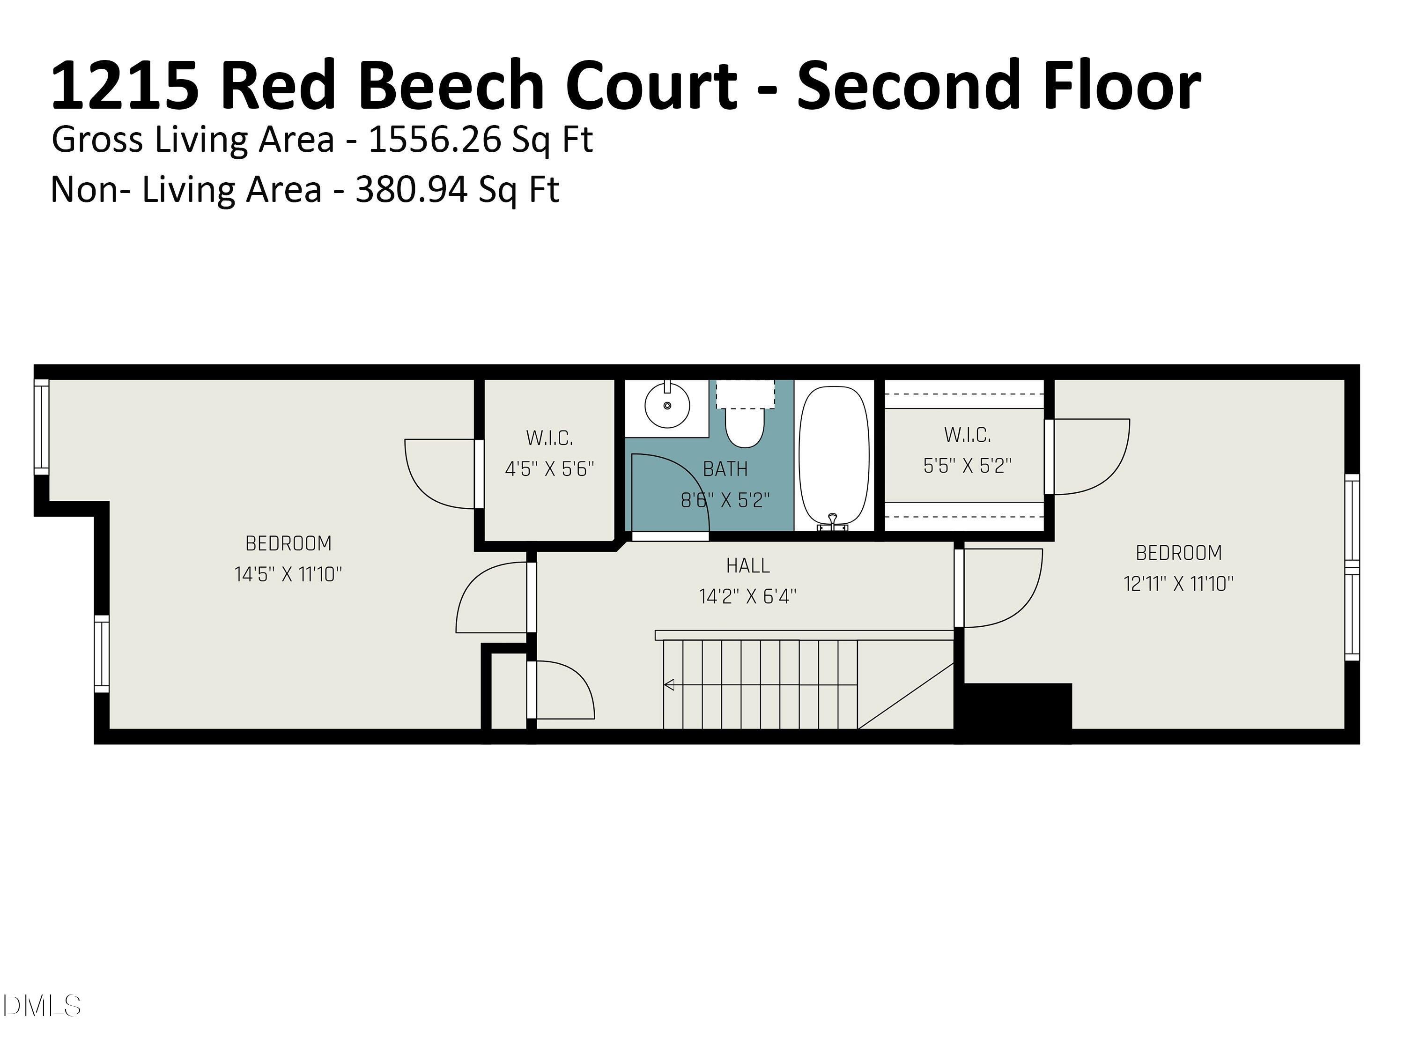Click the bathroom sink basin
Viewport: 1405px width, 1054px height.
tap(667, 405)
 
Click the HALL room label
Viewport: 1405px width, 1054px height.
tap(747, 565)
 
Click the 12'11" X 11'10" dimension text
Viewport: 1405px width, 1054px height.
tap(1178, 583)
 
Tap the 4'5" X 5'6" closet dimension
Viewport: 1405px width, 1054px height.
tap(549, 469)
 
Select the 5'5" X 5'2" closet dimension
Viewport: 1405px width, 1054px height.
tap(967, 466)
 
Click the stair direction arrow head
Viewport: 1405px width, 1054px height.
tap(669, 685)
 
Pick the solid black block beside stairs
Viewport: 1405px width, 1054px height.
tap(1016, 710)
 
